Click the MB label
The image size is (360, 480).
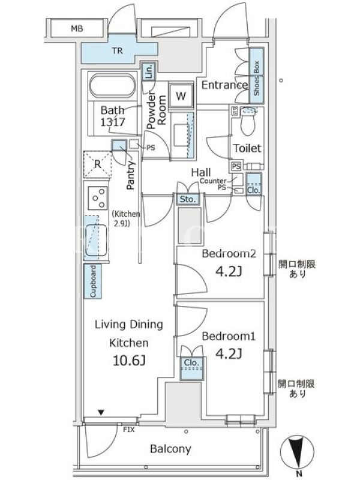pos(77,28)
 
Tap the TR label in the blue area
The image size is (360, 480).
pos(118,50)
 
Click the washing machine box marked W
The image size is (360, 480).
pos(181,96)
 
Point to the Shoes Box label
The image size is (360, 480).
pos(257,78)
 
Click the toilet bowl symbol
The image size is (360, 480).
pos(248,122)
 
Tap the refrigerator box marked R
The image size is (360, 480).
pos(97,164)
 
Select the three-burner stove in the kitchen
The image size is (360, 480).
pos(98,198)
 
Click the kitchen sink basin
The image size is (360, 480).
pos(96,241)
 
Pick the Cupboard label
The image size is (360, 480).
pos(93,281)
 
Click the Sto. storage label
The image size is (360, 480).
pos(187,199)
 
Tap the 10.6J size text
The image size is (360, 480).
pos(129,361)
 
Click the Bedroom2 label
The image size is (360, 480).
pos(229,253)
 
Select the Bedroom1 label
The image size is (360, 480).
pos(229,336)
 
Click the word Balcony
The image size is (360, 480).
pos(170,449)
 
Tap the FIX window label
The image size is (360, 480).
pos(129,430)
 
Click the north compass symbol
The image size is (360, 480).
pos(296,454)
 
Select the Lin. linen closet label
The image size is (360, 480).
pos(149,71)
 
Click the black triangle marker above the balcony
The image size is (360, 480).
pos(101,413)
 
